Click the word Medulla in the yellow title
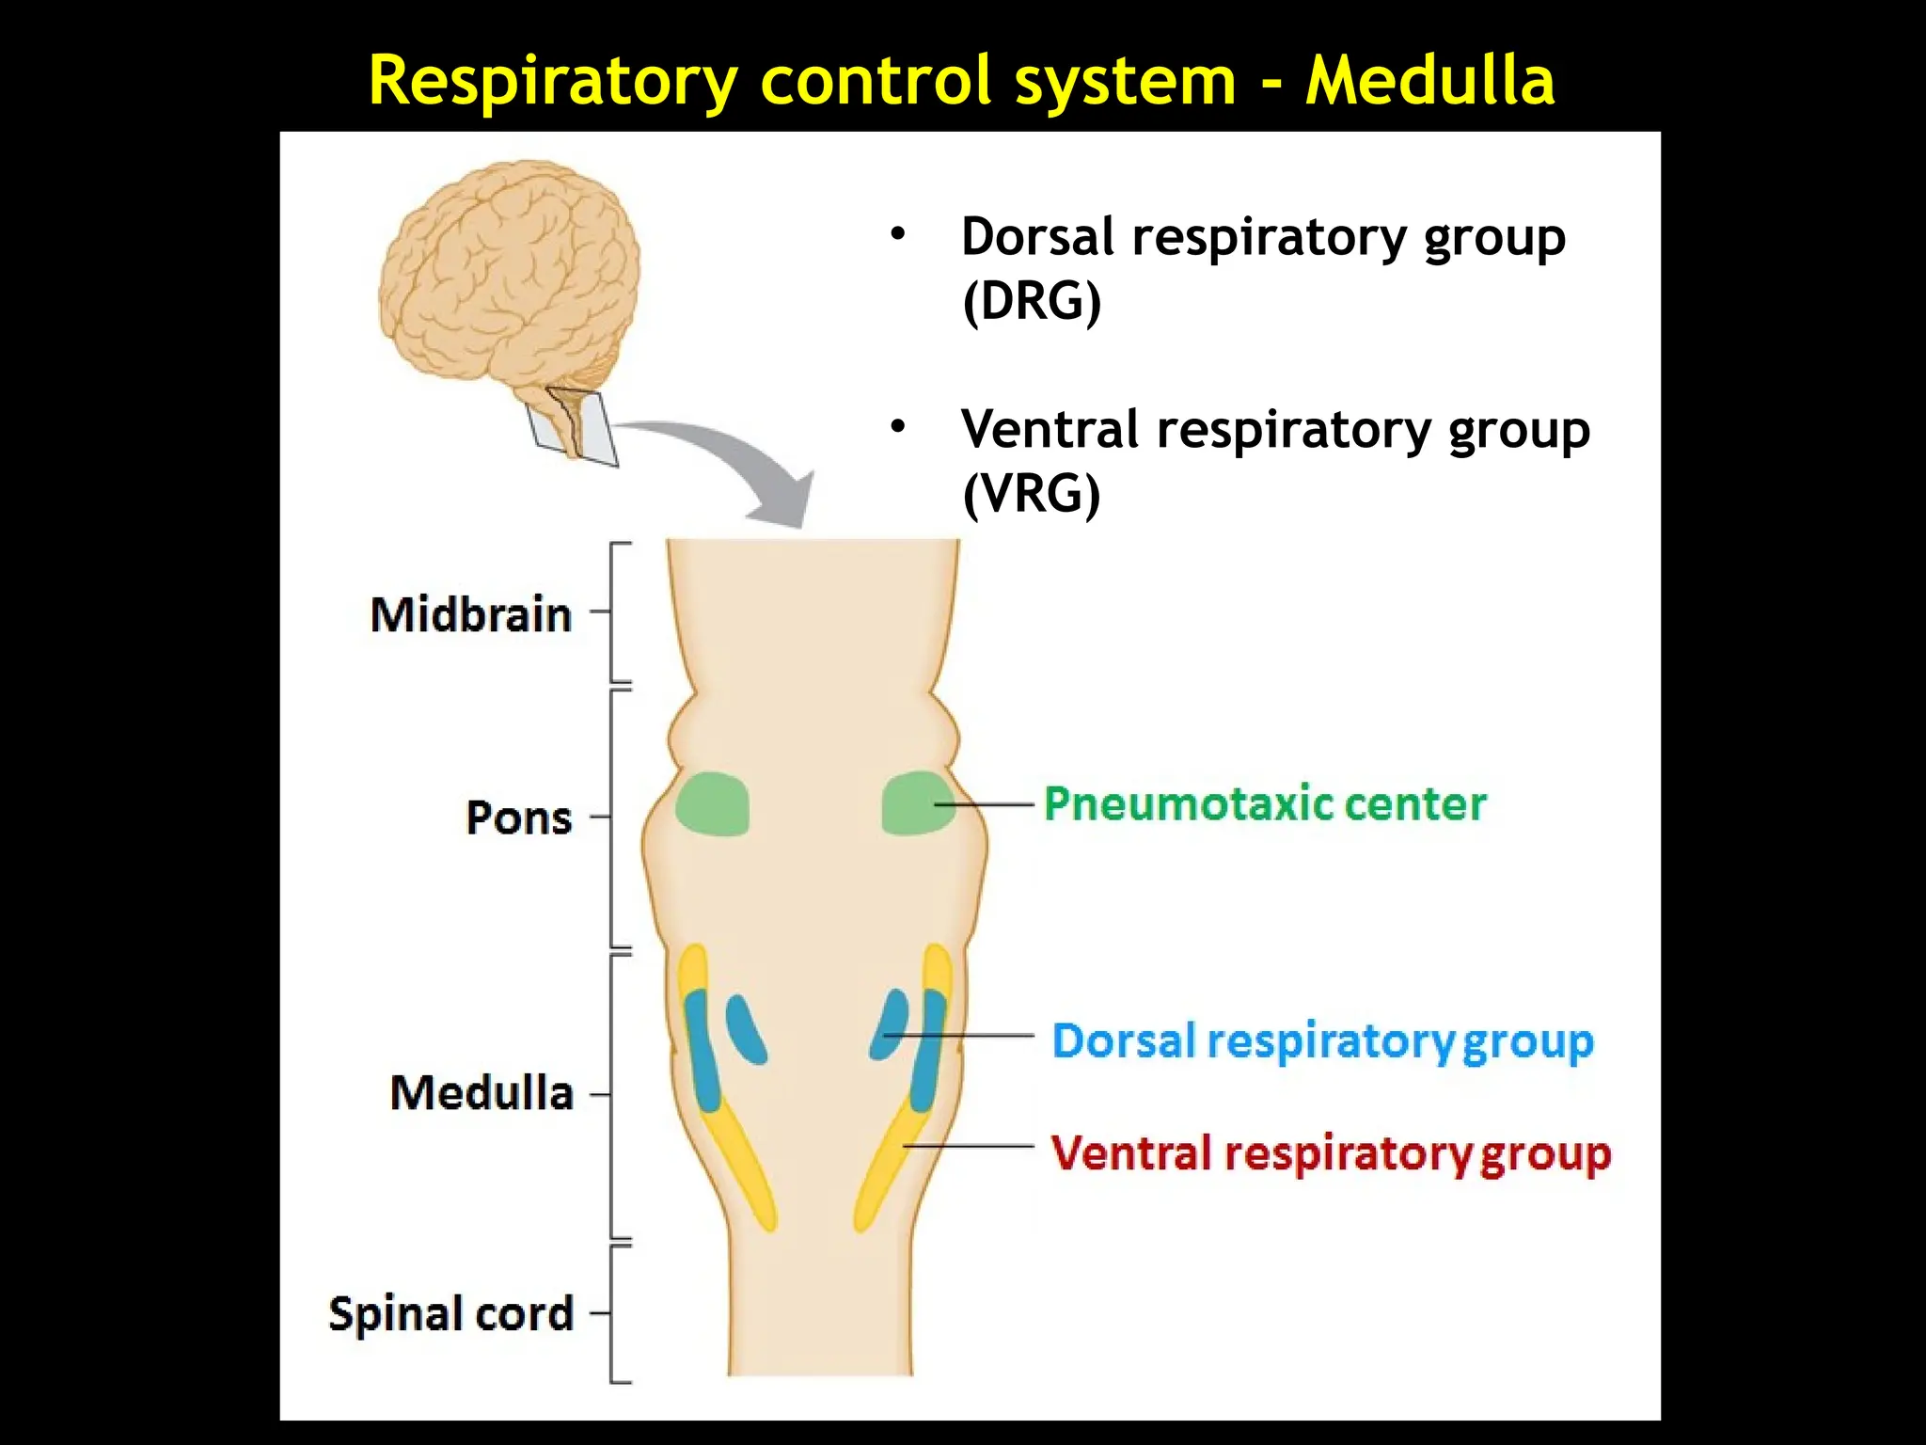(x=1429, y=80)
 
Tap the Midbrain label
(x=470, y=615)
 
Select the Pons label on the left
(x=518, y=818)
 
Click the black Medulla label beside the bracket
(x=481, y=1093)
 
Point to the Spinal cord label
(x=450, y=1313)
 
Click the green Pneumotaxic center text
(x=1265, y=804)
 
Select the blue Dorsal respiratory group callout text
(x=1322, y=1041)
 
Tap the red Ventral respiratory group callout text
(x=1330, y=1154)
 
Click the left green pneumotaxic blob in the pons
(x=713, y=804)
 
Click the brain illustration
(x=508, y=273)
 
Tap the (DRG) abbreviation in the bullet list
(x=1032, y=302)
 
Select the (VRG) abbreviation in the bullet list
(x=1032, y=494)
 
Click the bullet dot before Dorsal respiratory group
(x=898, y=234)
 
